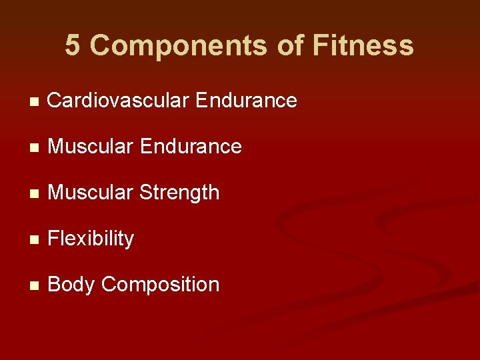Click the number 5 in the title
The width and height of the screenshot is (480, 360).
coord(73,46)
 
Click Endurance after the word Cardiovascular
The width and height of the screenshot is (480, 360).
coord(246,101)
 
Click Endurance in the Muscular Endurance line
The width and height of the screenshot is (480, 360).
coord(191,147)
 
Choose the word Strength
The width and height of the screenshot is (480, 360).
coord(179,193)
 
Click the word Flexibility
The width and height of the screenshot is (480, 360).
coord(91,239)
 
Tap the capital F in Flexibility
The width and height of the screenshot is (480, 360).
coord(53,239)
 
